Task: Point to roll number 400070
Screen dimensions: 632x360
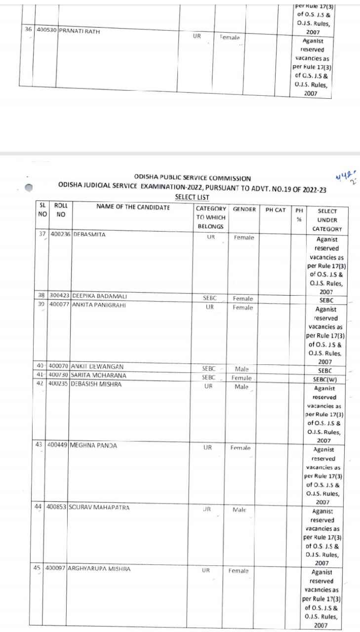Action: tap(58, 366)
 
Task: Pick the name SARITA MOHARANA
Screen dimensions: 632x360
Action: tap(99, 375)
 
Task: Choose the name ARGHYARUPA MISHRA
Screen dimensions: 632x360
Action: tap(98, 569)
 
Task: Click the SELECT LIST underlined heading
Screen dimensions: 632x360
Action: tap(192, 197)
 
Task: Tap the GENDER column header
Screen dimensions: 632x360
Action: tap(244, 209)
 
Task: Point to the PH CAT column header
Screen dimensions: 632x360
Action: tap(276, 210)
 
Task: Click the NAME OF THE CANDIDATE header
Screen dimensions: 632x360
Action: tap(133, 207)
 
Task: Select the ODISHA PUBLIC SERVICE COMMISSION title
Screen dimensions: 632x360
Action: tap(192, 178)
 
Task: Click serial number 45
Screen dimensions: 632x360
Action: tap(37, 568)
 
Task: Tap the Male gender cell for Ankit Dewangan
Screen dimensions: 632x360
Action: tap(241, 368)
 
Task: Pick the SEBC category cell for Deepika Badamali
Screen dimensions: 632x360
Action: tap(210, 298)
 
